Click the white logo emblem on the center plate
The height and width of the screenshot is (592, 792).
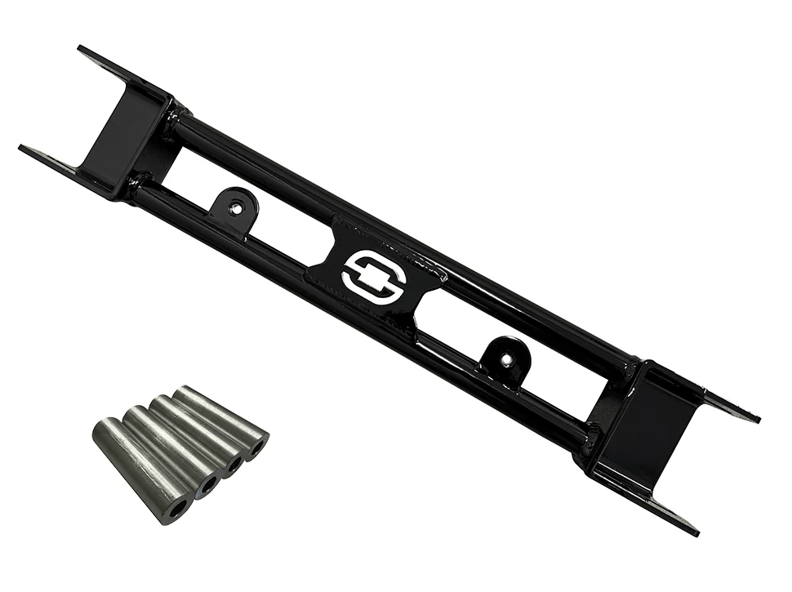374,274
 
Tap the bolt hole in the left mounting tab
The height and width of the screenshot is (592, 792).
235,208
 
